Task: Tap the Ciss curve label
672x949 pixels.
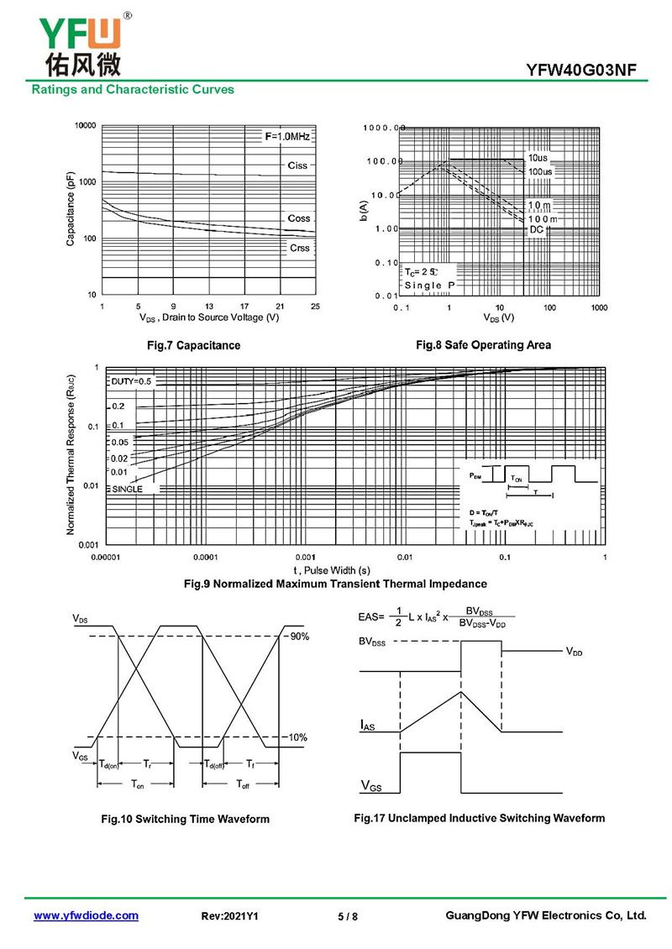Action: point(297,165)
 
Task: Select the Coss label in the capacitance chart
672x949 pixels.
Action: point(298,218)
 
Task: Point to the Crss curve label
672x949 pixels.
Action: point(299,248)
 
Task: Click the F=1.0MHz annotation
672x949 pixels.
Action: point(288,136)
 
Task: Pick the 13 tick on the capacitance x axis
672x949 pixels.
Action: point(208,306)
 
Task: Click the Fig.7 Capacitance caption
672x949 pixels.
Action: point(193,345)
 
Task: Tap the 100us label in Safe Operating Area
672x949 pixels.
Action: point(540,172)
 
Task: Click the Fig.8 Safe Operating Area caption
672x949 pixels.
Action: point(483,344)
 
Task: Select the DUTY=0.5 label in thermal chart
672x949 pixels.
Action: point(131,381)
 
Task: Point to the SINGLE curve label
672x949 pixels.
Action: point(127,489)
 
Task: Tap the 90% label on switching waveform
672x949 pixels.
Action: point(299,637)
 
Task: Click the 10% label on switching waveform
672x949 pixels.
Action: point(298,737)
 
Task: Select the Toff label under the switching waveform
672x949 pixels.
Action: point(242,784)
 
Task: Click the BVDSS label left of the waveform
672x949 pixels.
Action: point(374,642)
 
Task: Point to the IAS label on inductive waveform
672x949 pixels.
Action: point(368,724)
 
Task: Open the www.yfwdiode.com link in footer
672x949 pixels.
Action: point(86,915)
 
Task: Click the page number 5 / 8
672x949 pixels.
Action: point(348,916)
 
